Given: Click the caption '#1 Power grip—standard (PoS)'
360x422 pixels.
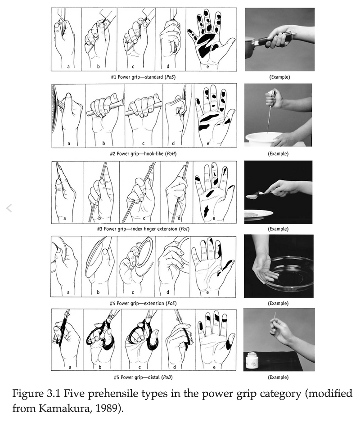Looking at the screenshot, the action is tap(143, 77).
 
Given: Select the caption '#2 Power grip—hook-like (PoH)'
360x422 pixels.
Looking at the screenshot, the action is tap(143, 154).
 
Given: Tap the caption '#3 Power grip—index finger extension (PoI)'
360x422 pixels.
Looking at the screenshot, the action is tap(143, 229).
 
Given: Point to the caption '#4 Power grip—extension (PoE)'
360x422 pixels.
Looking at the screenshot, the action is tap(143, 303).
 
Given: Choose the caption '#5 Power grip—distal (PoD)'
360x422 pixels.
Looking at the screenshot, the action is tap(143, 377).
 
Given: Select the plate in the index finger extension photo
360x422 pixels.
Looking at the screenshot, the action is tap(258, 215).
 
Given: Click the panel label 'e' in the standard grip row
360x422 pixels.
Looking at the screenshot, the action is tap(207, 67).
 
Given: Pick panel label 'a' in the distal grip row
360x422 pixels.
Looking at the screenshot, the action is tap(70, 367).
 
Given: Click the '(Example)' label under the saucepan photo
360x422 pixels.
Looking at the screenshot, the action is tap(279, 77).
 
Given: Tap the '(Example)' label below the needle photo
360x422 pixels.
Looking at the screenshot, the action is tap(278, 377).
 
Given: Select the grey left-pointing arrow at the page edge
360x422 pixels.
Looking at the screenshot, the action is tap(9, 208).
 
